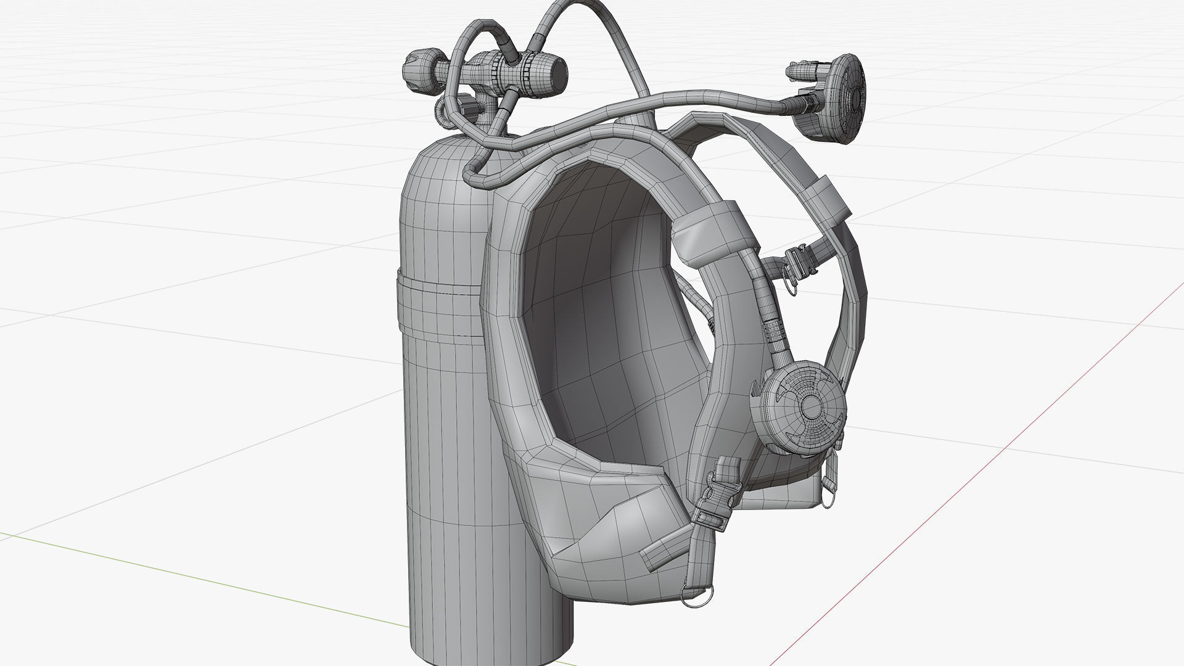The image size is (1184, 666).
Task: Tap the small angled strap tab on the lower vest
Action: (x=662, y=545)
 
